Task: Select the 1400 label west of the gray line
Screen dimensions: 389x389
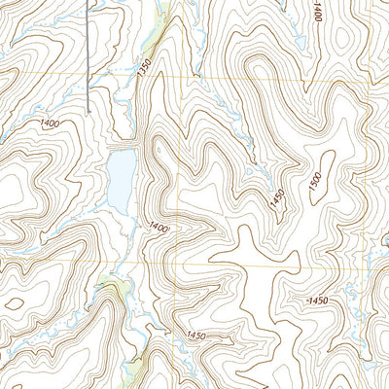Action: click(x=51, y=124)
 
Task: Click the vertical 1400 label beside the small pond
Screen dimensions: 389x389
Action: click(x=318, y=13)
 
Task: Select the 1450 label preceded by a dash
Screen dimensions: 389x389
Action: click(x=314, y=301)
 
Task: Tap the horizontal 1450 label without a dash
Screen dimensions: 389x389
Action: click(x=195, y=336)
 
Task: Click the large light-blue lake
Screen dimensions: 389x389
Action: click(x=122, y=180)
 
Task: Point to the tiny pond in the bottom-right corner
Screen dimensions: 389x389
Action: click(x=381, y=382)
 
